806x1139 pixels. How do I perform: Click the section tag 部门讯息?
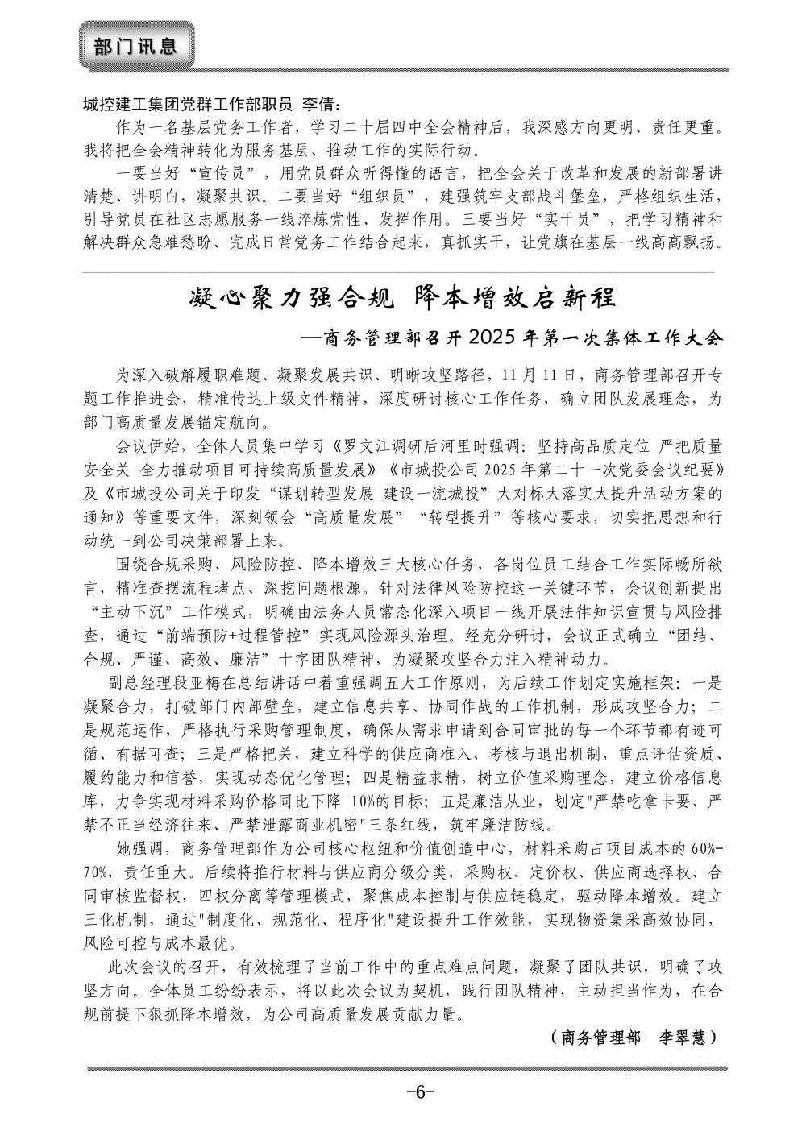click(135, 46)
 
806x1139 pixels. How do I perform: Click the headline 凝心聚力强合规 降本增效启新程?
click(403, 298)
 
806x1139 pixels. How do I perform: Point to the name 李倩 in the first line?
click(323, 106)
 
